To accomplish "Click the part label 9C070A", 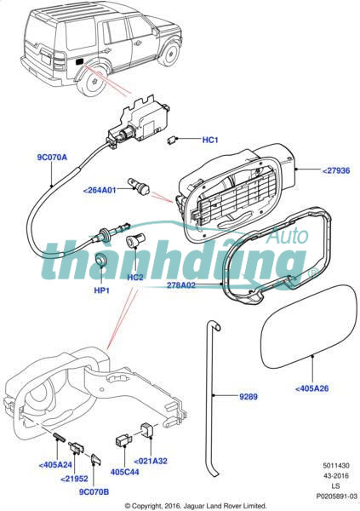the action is (x=52, y=157).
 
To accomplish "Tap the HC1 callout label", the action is (x=210, y=140).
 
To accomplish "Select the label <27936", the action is (x=336, y=170).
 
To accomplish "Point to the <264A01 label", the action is (x=100, y=190).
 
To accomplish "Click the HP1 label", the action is (x=101, y=290).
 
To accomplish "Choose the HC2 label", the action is (x=135, y=278).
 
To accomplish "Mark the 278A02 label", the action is (x=181, y=285).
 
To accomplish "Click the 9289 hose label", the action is (x=249, y=397).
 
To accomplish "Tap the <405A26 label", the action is (x=311, y=388).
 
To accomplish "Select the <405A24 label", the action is (x=55, y=465).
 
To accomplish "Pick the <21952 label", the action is (x=74, y=479).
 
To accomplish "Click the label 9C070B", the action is (x=94, y=491).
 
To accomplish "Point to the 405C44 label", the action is (x=125, y=472).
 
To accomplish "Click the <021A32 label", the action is (x=151, y=461).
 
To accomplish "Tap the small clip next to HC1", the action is (x=172, y=141).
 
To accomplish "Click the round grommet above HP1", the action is (x=101, y=260).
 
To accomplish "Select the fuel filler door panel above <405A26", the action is (x=309, y=326).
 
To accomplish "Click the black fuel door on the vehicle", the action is (x=80, y=61).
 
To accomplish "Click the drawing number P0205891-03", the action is (x=336, y=497).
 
